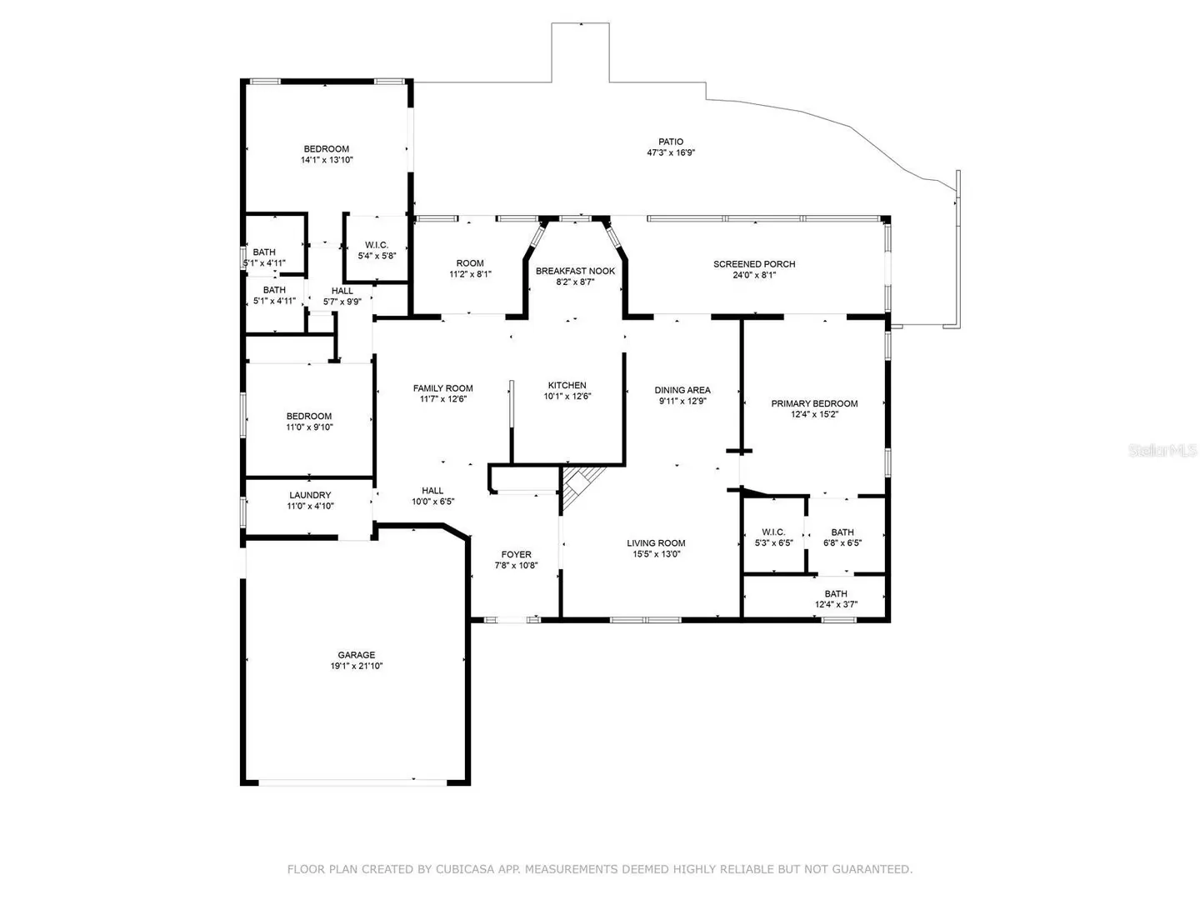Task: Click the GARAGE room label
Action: click(x=356, y=654)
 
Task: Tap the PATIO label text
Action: click(x=670, y=142)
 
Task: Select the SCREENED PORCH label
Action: click(x=754, y=264)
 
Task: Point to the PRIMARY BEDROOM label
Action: click(x=814, y=403)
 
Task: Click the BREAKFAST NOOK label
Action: click(x=575, y=271)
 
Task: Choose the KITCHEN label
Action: click(x=567, y=385)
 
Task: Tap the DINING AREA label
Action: click(x=682, y=390)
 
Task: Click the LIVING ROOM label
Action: click(x=656, y=542)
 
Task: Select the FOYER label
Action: click(x=516, y=554)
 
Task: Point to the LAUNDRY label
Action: click(x=310, y=495)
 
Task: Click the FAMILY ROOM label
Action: click(x=442, y=388)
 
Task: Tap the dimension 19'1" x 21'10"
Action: click(x=356, y=666)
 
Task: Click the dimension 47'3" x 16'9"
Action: click(x=670, y=152)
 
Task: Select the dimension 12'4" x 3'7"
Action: click(x=836, y=604)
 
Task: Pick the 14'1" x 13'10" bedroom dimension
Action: click(x=327, y=159)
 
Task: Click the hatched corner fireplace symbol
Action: click(x=582, y=487)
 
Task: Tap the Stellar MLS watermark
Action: click(x=1162, y=450)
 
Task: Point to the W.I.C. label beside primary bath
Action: click(x=773, y=532)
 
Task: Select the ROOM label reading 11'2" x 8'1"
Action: click(x=470, y=262)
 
